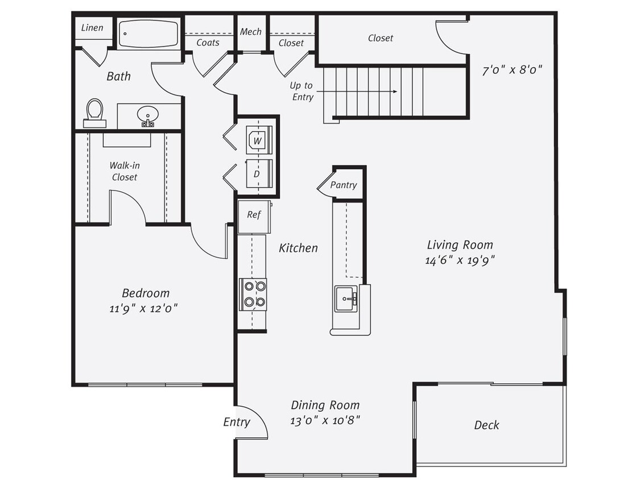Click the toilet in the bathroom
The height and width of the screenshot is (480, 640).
[x=94, y=112]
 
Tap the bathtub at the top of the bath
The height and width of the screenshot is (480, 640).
[x=149, y=34]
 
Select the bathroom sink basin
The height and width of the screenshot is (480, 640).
[x=148, y=116]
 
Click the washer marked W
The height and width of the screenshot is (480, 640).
[x=258, y=139]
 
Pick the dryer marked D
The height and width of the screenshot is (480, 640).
[x=257, y=174]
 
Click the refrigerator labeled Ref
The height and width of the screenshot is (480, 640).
[x=254, y=216]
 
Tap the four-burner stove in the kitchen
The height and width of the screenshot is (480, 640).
[x=253, y=294]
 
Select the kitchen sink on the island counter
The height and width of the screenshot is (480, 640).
[x=346, y=299]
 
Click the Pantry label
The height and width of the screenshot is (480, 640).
[x=344, y=185]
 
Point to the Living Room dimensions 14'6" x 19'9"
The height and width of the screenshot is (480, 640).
[x=460, y=260]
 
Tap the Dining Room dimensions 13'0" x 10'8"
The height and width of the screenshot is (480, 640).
[x=325, y=420]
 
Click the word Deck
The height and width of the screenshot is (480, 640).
[x=486, y=425]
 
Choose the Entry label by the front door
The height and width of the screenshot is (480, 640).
[x=236, y=422]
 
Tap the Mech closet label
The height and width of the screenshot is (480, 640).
[x=250, y=32]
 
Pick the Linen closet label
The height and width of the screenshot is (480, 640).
[x=92, y=28]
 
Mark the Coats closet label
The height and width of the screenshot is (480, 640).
[x=208, y=43]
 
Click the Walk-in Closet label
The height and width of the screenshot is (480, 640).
[x=125, y=171]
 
